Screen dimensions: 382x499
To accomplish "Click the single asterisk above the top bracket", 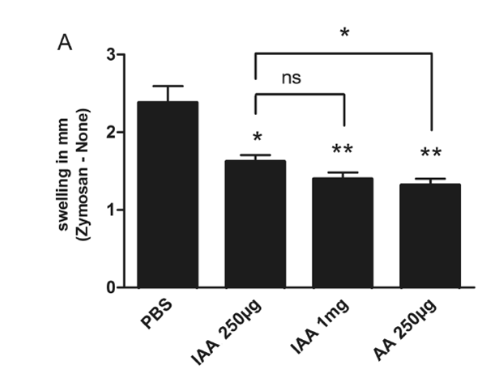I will [345, 33].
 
